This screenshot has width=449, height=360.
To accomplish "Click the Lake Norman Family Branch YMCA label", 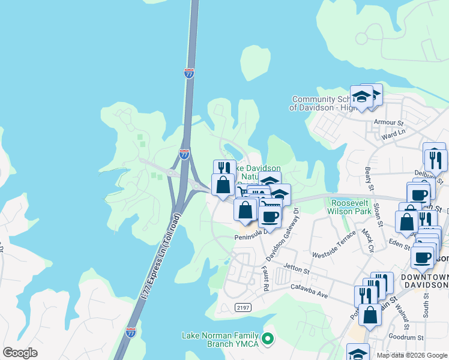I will coord(221,340).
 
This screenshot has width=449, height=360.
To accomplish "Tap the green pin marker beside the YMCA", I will coord(268,340).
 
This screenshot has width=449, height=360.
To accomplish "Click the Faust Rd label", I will coord(264,279).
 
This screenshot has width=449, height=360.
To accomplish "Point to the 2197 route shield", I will coord(242,307).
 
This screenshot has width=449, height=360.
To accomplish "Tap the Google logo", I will coord(20,353).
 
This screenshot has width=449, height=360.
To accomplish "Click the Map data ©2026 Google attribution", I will coord(412,355).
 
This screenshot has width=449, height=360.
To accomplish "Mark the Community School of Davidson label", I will coord(321,103).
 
